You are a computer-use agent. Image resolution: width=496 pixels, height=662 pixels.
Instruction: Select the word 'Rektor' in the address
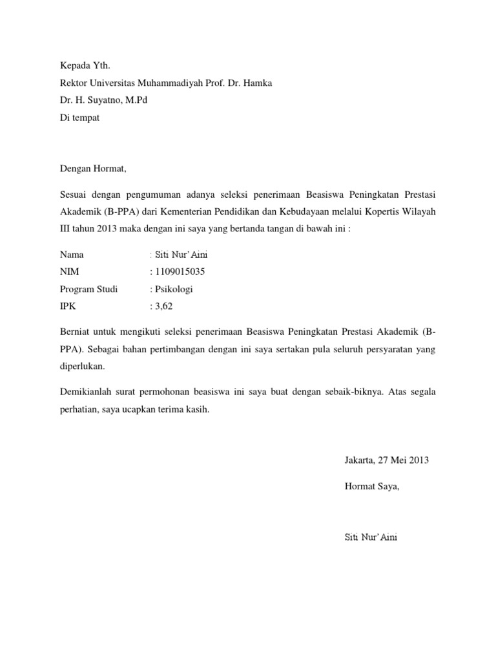pyautogui.click(x=73, y=83)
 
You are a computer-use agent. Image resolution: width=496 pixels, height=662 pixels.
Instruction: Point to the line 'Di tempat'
pyautogui.click(x=79, y=118)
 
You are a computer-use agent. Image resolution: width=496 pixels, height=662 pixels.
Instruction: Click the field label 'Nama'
pyautogui.click(x=72, y=255)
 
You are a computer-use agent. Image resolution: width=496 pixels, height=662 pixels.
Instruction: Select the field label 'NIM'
pyautogui.click(x=68, y=272)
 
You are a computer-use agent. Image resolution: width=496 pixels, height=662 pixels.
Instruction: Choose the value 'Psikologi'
pyautogui.click(x=174, y=289)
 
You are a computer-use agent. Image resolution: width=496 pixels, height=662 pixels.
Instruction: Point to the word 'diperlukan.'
pyautogui.click(x=82, y=366)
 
